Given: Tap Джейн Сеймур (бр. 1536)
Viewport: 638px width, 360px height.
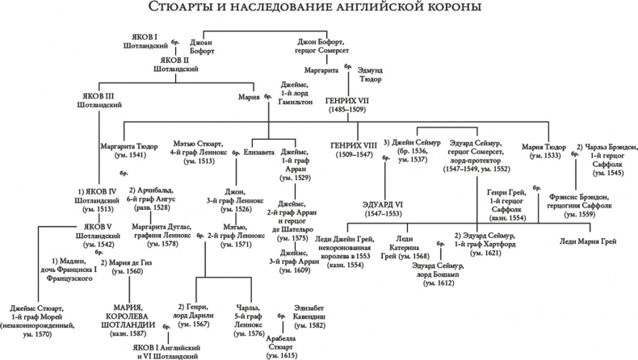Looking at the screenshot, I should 413,151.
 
